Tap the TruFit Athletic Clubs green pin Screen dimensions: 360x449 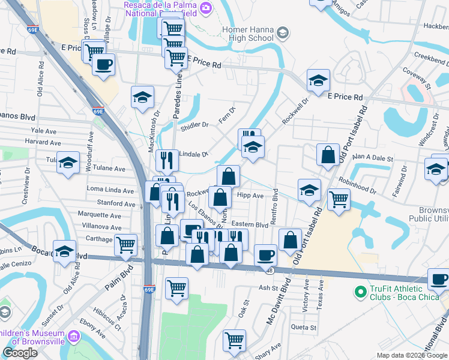(x=360, y=292)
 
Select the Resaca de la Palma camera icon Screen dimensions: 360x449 (x=206, y=7)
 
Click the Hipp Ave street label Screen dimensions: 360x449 (x=250, y=196)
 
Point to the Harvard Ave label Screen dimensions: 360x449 (x=43, y=143)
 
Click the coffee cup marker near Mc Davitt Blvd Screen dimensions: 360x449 (x=265, y=255)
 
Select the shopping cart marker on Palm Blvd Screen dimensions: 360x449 (x=125, y=244)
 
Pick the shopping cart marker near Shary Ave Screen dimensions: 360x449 (x=234, y=340)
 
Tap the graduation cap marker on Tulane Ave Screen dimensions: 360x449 (x=68, y=162)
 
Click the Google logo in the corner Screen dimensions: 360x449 (x=20, y=353)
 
